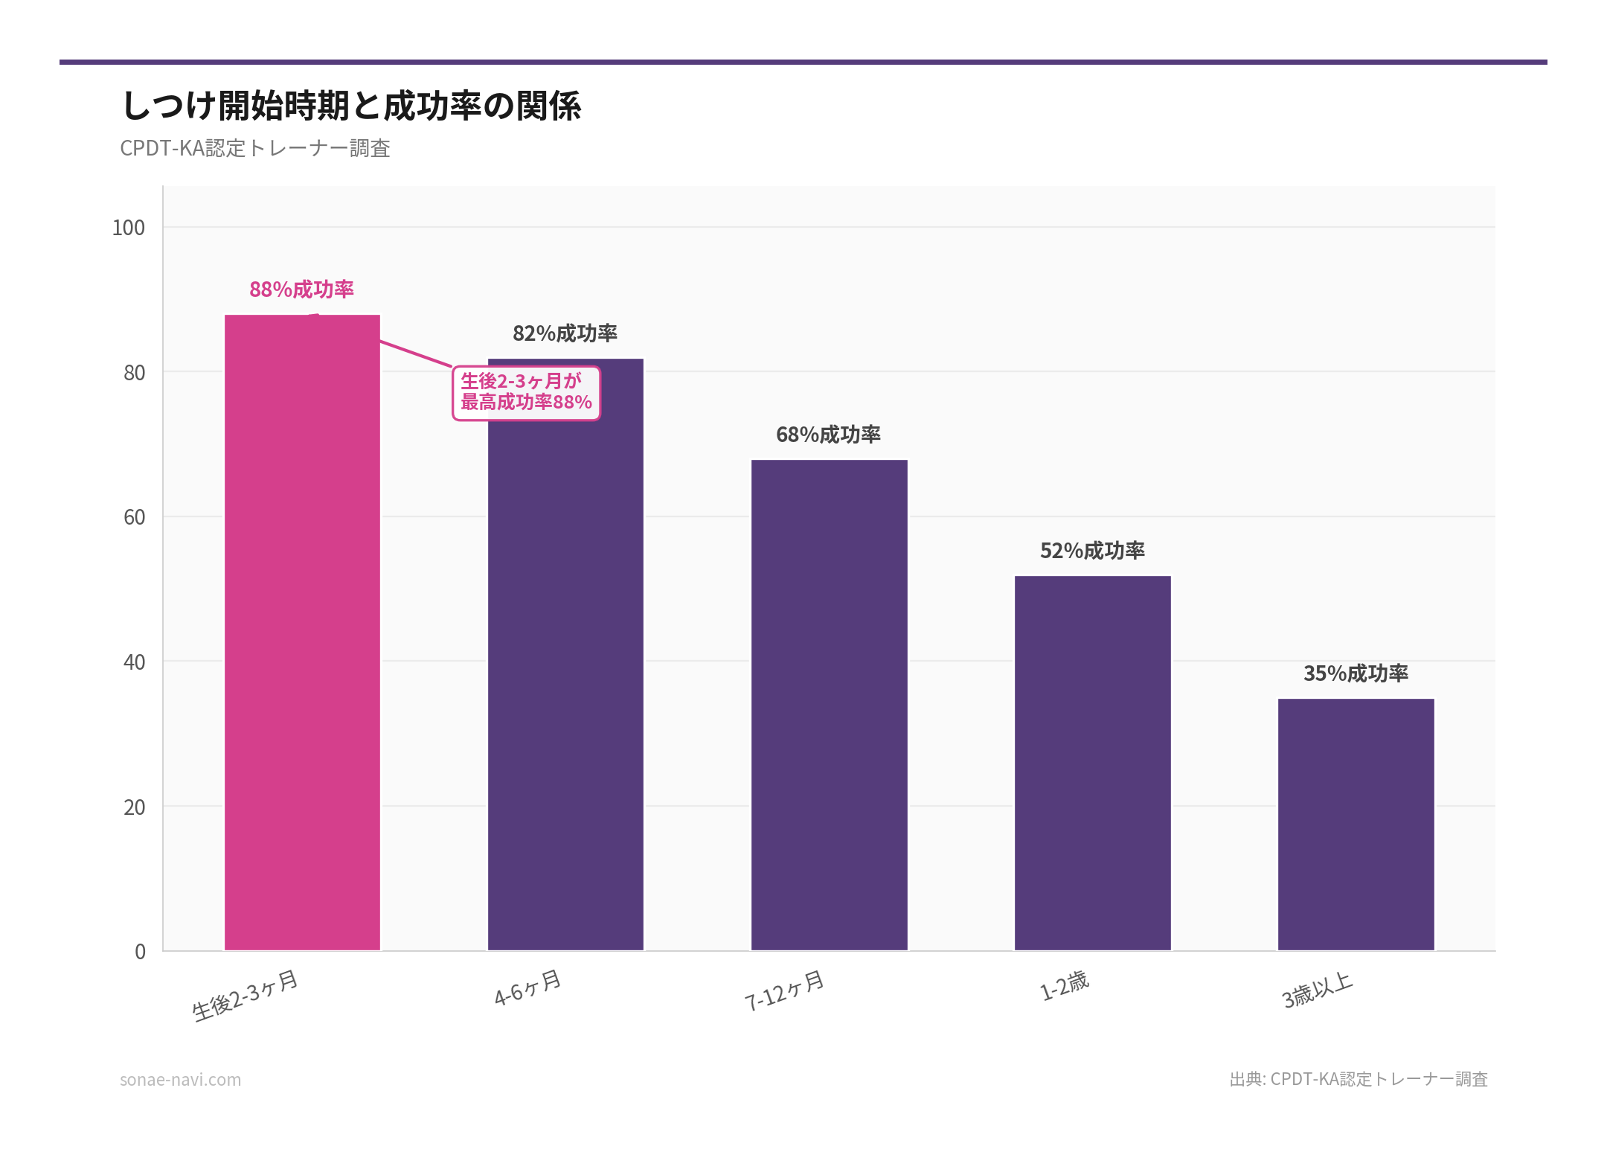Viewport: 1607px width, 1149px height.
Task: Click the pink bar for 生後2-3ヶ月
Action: pos(302,633)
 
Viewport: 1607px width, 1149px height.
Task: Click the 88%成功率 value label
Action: pos(301,289)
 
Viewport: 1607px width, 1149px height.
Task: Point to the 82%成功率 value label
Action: pos(565,333)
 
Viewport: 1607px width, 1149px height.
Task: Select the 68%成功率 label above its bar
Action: pos(828,435)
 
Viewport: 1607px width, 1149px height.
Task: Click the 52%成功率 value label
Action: pos(1091,551)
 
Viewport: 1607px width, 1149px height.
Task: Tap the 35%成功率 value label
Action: pos(1356,673)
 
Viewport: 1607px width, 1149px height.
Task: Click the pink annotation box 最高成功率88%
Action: pos(526,393)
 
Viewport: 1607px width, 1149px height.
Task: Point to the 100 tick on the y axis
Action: pos(128,228)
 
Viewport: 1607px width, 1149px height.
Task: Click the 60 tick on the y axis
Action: pos(134,517)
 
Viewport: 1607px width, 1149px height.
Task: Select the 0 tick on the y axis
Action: pos(140,952)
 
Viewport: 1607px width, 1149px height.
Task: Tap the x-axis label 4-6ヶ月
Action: pos(527,988)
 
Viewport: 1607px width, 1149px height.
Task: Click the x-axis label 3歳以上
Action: pos(1317,990)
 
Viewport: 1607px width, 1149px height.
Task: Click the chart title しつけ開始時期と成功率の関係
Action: pos(351,106)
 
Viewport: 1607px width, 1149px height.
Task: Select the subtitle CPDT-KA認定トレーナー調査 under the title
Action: pos(255,148)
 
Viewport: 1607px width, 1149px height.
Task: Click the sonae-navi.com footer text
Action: pos(180,1079)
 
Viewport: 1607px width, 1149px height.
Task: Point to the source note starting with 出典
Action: pos(1358,1079)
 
